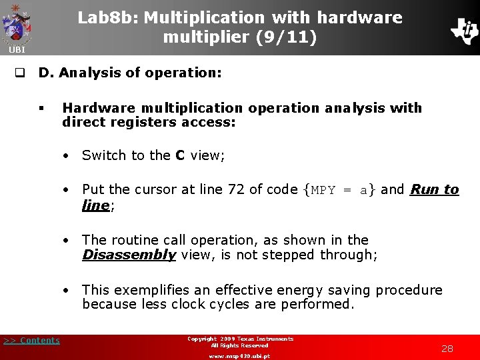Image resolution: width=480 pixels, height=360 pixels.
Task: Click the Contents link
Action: [31, 341]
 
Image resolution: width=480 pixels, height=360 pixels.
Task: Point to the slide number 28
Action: [447, 349]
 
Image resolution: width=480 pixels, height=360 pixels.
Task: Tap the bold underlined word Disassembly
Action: [129, 255]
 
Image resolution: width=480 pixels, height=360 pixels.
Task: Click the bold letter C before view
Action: [180, 155]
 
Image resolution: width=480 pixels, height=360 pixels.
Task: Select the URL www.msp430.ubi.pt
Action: [240, 356]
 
